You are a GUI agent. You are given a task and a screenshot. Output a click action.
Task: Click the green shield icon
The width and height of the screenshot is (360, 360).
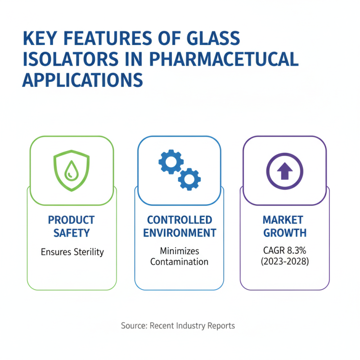[x=72, y=170]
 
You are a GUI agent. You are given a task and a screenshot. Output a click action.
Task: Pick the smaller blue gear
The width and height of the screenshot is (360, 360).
[x=189, y=179]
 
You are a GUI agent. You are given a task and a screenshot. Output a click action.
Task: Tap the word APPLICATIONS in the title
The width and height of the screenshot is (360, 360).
[x=83, y=80]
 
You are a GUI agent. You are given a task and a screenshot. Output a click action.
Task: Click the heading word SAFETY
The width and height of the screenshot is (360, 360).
[x=72, y=233]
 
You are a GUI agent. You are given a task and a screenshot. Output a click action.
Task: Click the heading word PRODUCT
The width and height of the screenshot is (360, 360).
[x=72, y=220]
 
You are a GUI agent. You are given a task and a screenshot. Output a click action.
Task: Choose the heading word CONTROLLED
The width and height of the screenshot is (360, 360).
[x=180, y=220]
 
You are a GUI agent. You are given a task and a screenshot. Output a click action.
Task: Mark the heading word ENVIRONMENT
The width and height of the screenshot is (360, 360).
[x=180, y=233]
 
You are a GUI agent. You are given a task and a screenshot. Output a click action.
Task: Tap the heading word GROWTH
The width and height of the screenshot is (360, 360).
[x=284, y=233]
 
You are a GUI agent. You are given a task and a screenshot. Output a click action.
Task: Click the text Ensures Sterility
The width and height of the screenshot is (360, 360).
[x=72, y=252]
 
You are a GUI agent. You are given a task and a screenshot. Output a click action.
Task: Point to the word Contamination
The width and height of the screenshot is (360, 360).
[x=180, y=261]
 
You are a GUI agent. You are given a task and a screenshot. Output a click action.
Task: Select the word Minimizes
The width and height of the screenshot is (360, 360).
[x=180, y=251]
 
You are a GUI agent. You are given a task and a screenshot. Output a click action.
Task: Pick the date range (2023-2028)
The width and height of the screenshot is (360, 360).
[x=284, y=261]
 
